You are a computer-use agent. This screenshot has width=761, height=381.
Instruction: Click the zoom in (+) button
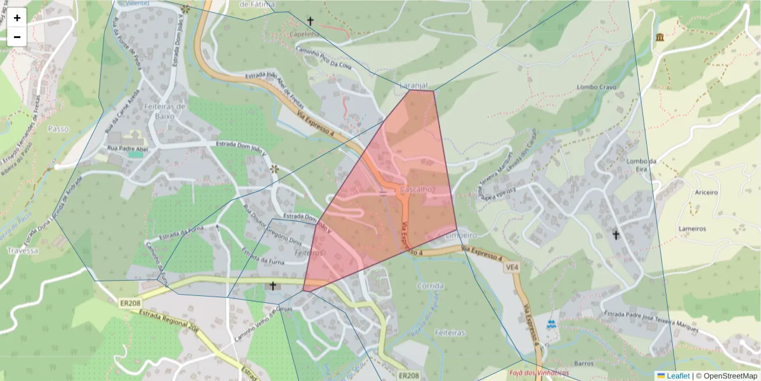click(x=17, y=18)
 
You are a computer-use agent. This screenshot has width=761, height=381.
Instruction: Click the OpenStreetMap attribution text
click(x=730, y=376)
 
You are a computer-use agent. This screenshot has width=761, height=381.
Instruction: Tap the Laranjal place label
click(x=415, y=85)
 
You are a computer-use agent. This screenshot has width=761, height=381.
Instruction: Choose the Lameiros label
click(x=692, y=229)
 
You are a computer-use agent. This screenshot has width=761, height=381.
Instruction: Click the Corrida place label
click(x=431, y=286)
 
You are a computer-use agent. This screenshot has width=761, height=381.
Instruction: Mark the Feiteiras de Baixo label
click(x=164, y=111)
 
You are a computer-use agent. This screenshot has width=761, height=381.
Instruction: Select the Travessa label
click(x=23, y=251)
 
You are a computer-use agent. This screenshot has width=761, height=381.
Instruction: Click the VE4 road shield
click(x=511, y=269)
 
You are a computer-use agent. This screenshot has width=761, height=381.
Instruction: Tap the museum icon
click(x=660, y=37)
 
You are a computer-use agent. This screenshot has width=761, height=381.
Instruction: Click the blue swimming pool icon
click(x=550, y=324)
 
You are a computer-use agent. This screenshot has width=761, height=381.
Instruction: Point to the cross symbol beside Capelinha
click(x=310, y=21)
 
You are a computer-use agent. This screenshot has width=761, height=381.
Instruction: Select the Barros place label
click(x=583, y=364)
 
